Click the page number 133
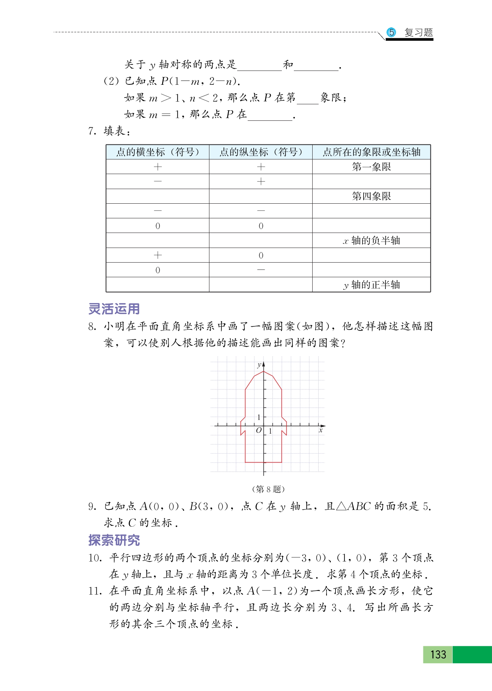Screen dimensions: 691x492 [x=438, y=655]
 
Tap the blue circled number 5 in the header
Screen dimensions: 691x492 [x=391, y=32]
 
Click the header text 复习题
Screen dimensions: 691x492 [x=418, y=33]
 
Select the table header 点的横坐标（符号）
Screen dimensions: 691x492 [x=158, y=152]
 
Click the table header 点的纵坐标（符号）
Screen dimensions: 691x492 [x=261, y=152]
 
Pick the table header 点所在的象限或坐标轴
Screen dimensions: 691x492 [x=372, y=152]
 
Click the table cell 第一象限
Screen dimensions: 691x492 [x=372, y=167]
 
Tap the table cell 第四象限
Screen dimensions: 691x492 [x=372, y=196]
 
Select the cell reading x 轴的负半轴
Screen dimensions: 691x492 [x=372, y=240]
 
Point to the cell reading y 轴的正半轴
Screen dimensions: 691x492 [x=372, y=285]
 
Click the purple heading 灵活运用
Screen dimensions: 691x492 [x=114, y=309]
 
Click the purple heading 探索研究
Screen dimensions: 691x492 [x=114, y=540]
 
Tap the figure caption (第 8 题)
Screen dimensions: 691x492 [x=268, y=489]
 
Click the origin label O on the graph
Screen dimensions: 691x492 [x=259, y=431]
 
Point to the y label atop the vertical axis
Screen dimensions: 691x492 [x=259, y=365]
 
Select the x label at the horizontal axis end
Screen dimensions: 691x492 [x=321, y=431]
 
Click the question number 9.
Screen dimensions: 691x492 [x=92, y=506]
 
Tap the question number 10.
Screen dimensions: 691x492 [x=95, y=558]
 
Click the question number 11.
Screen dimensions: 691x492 [x=95, y=591]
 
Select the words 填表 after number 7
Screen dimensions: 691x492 [x=114, y=131]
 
